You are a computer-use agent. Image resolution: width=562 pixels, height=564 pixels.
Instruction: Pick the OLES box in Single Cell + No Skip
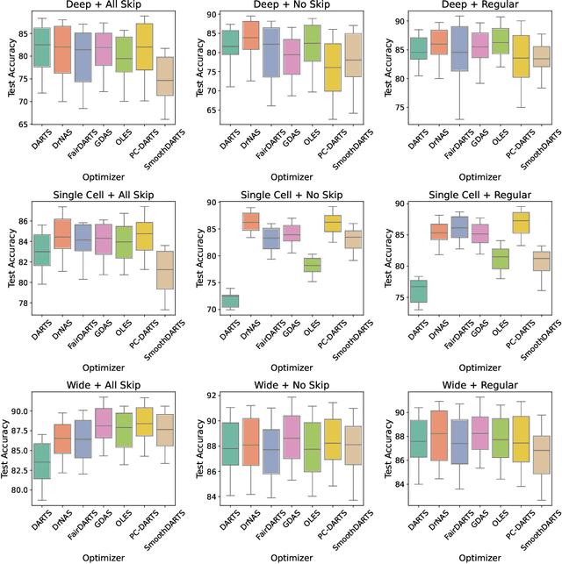coord(312,265)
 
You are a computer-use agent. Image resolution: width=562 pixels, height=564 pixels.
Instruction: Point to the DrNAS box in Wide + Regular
coord(438,435)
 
